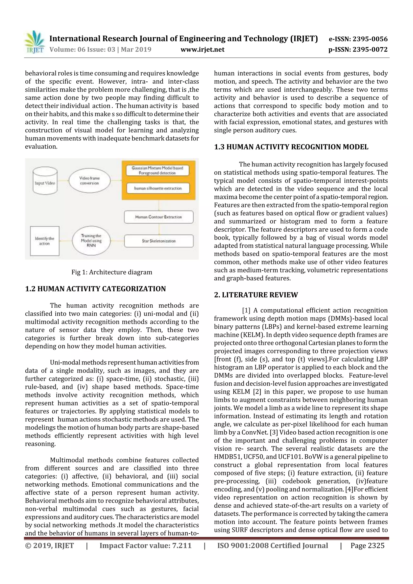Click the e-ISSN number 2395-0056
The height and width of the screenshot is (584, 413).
[370, 39]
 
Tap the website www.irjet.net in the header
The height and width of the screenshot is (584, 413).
[202, 49]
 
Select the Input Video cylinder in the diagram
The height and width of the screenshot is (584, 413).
[45, 181]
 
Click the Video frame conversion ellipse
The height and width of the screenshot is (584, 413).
[89, 180]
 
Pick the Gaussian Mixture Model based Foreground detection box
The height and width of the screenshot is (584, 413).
[157, 170]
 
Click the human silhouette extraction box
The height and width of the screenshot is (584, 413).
[158, 188]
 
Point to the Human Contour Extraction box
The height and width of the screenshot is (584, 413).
[159, 217]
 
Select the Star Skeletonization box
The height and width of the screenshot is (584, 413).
[159, 241]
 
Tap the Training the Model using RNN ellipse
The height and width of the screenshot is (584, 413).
[91, 241]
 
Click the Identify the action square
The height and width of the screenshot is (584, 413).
[45, 241]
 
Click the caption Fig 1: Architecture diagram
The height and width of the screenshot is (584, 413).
[112, 272]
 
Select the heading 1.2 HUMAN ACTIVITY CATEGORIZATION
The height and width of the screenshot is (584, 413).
[95, 289]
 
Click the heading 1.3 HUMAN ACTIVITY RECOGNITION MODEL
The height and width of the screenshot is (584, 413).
[291, 147]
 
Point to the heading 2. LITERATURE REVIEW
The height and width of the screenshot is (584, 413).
[256, 295]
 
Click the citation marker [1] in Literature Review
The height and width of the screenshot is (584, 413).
[246, 310]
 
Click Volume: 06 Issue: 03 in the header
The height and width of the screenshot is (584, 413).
[82, 49]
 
